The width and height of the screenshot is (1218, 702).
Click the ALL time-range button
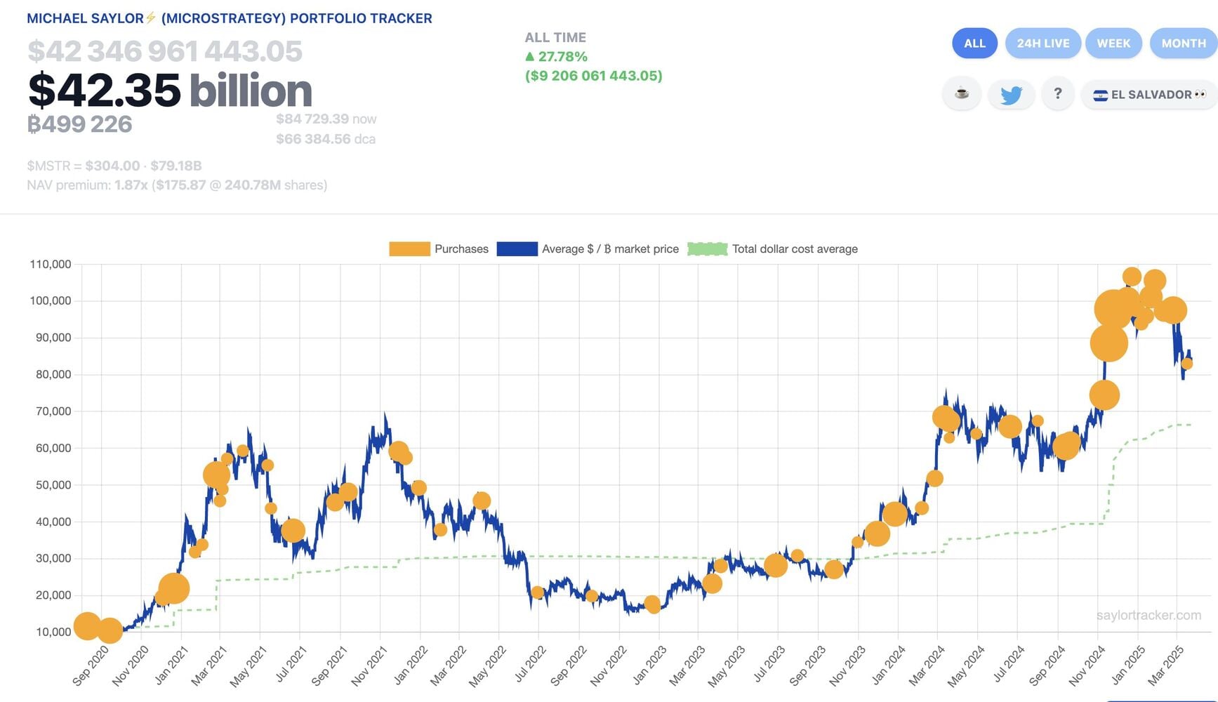pyautogui.click(x=974, y=44)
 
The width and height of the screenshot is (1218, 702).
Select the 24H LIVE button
pyautogui.click(x=1043, y=44)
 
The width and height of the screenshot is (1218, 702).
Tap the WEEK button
pyautogui.click(x=1113, y=44)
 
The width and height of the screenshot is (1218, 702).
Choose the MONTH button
pyautogui.click(x=1183, y=44)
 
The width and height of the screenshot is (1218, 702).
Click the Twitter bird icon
pyautogui.click(x=1011, y=95)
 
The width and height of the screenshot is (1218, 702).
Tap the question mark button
pyautogui.click(x=1058, y=94)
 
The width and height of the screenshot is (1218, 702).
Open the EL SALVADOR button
pyautogui.click(x=1149, y=95)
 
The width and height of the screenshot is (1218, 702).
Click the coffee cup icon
pyautogui.click(x=962, y=93)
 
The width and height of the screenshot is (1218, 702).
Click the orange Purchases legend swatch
pyautogui.click(x=409, y=249)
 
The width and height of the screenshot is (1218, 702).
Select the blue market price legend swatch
pyautogui.click(x=517, y=249)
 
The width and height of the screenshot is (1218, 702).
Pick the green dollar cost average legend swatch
pyautogui.click(x=707, y=249)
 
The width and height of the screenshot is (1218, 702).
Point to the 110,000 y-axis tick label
pyautogui.click(x=51, y=265)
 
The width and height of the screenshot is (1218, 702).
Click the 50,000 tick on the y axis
pyautogui.click(x=53, y=485)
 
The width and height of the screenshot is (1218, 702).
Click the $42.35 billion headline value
pyautogui.click(x=170, y=91)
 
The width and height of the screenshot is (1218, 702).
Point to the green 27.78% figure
pyautogui.click(x=562, y=57)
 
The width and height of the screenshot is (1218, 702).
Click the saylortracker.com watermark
pyautogui.click(x=1149, y=616)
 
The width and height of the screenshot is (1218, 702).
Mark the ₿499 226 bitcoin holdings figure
pyautogui.click(x=80, y=124)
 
